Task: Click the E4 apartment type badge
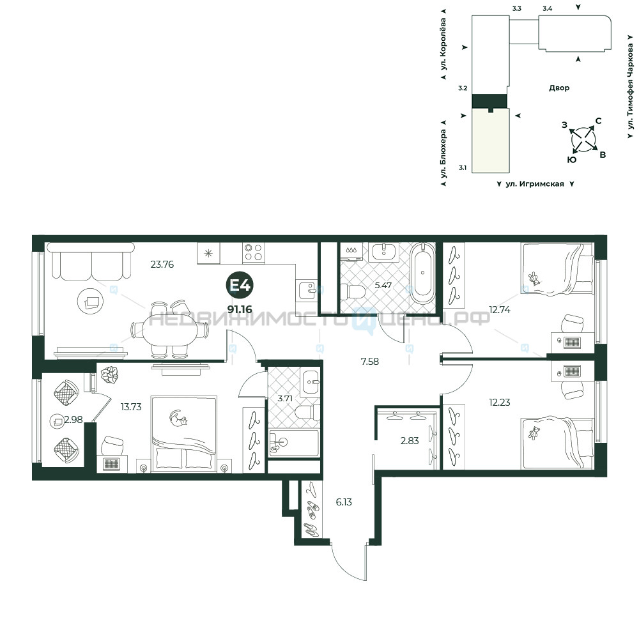(x=240, y=285)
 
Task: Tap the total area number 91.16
(x=240, y=309)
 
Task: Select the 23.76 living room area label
(x=162, y=264)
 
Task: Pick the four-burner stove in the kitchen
(x=254, y=252)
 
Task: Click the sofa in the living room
(x=91, y=261)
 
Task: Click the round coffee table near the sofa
(x=91, y=301)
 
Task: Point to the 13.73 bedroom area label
(x=131, y=406)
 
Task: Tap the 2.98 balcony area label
(x=73, y=419)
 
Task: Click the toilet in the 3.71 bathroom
(x=308, y=412)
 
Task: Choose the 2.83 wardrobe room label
(x=410, y=440)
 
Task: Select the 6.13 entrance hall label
(x=344, y=502)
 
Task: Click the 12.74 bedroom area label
(x=500, y=310)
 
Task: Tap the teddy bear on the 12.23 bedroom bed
(x=534, y=433)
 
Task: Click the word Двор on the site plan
(x=559, y=88)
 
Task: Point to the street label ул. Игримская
(x=535, y=184)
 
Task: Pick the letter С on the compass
(x=598, y=121)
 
